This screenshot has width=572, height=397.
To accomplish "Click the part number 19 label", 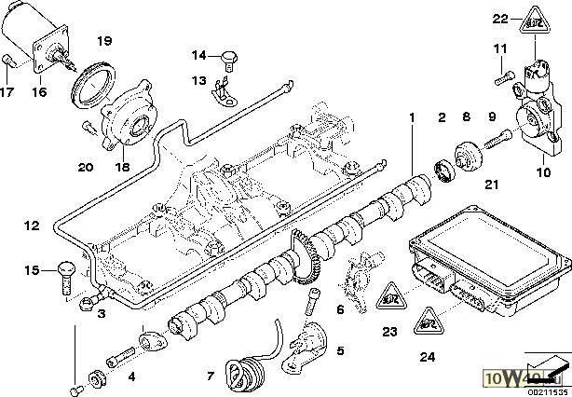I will click(x=104, y=41).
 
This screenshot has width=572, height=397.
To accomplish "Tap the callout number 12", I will click(x=33, y=226).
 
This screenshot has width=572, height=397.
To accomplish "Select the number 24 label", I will click(x=427, y=354).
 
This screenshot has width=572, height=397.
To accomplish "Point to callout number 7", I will click(x=211, y=377).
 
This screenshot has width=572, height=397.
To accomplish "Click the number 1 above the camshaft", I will click(x=410, y=118).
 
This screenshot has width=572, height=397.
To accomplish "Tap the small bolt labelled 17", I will click(x=7, y=62).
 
